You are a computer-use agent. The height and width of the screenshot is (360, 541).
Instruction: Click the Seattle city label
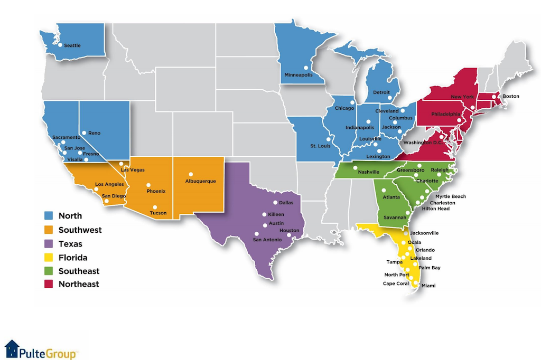(72, 46)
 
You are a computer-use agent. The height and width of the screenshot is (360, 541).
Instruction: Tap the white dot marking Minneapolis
(305, 68)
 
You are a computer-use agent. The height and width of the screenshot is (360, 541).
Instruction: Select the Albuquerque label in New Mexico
(200, 181)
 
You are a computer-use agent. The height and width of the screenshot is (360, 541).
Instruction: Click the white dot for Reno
(83, 133)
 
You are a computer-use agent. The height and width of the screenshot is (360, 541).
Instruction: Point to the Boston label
(510, 97)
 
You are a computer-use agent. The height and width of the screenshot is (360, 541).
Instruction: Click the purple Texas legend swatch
(49, 244)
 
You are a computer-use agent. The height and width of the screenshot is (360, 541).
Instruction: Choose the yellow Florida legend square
(49, 258)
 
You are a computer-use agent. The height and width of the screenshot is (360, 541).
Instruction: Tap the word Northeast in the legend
(79, 285)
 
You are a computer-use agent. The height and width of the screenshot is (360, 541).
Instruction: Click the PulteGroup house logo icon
(12, 348)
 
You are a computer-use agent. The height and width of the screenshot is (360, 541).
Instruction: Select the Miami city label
(428, 286)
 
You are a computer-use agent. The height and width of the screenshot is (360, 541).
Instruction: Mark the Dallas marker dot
(275, 203)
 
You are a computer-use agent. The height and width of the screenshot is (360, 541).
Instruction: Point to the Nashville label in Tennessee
(369, 172)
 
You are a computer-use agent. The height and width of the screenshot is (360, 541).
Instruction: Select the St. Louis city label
(320, 146)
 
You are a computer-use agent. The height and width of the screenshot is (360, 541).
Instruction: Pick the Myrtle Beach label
(450, 196)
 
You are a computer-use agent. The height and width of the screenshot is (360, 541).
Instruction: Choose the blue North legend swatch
(49, 216)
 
